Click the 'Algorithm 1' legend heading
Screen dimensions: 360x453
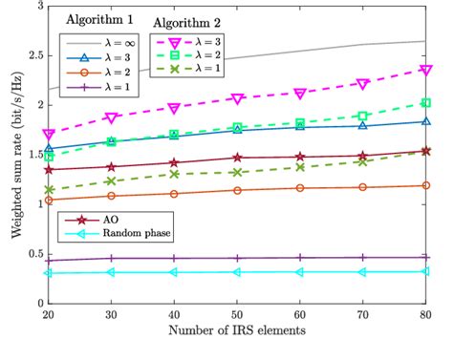98,19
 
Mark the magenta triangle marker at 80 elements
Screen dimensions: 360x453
425,70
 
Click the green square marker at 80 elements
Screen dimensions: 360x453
425,103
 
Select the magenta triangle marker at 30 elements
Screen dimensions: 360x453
111,117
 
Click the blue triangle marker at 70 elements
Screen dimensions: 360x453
362,125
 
